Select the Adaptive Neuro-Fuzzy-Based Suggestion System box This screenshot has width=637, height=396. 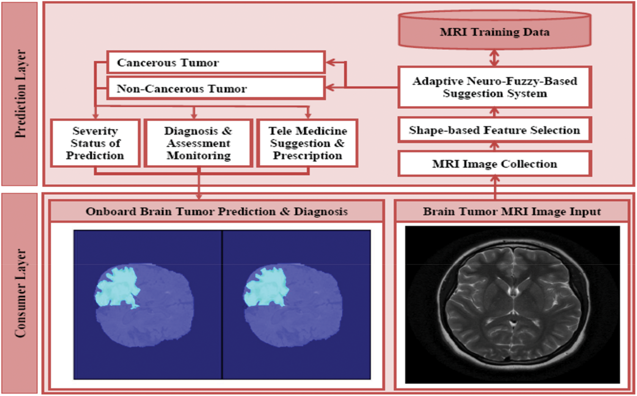(494, 87)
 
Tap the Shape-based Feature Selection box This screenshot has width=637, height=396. (494, 130)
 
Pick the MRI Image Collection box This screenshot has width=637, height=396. (494, 164)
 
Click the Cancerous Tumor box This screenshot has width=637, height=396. (216, 63)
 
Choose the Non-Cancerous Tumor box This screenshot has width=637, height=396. (216, 89)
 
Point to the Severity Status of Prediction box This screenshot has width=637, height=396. (95, 143)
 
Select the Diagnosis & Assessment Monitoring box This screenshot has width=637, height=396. (199, 143)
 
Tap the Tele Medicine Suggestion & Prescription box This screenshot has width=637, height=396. (308, 143)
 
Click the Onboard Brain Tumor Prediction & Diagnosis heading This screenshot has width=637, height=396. (217, 211)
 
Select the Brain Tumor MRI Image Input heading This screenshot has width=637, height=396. (512, 211)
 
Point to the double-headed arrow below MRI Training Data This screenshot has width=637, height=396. (494, 58)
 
